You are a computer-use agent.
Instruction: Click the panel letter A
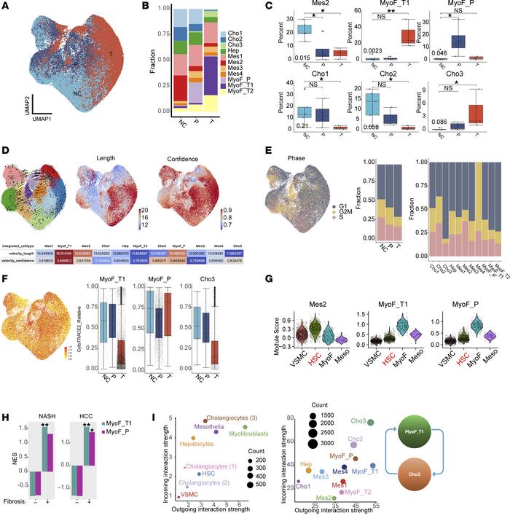[x=7, y=7]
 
